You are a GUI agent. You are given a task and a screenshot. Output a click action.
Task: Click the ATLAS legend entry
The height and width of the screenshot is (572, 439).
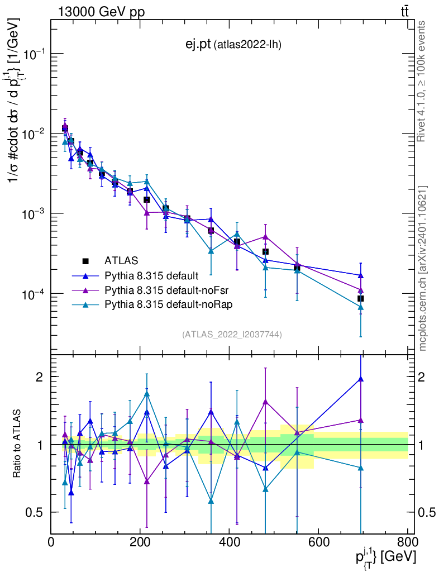pos(121,260)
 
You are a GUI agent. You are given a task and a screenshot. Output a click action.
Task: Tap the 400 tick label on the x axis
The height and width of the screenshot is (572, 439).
pos(230,542)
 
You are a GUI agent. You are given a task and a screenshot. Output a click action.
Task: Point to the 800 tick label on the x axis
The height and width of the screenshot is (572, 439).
pos(407,542)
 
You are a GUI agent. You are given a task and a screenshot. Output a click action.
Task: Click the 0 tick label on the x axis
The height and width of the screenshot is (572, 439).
pos(51,542)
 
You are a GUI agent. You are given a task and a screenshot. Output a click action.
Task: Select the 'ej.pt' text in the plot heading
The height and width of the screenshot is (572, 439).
pos(198,44)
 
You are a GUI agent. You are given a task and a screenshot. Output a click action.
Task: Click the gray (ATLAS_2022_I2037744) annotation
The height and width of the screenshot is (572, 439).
pos(231,335)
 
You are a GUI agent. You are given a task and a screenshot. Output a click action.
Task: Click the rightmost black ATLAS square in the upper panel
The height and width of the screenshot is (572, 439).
pos(361,299)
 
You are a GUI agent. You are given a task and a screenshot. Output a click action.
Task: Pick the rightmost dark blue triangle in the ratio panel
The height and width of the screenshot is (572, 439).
pos(361,379)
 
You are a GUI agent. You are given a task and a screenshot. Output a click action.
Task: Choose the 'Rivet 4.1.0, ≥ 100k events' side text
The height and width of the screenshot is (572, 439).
pos(422,81)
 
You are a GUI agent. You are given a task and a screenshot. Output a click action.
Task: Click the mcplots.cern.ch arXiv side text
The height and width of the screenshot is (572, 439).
pos(423,268)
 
